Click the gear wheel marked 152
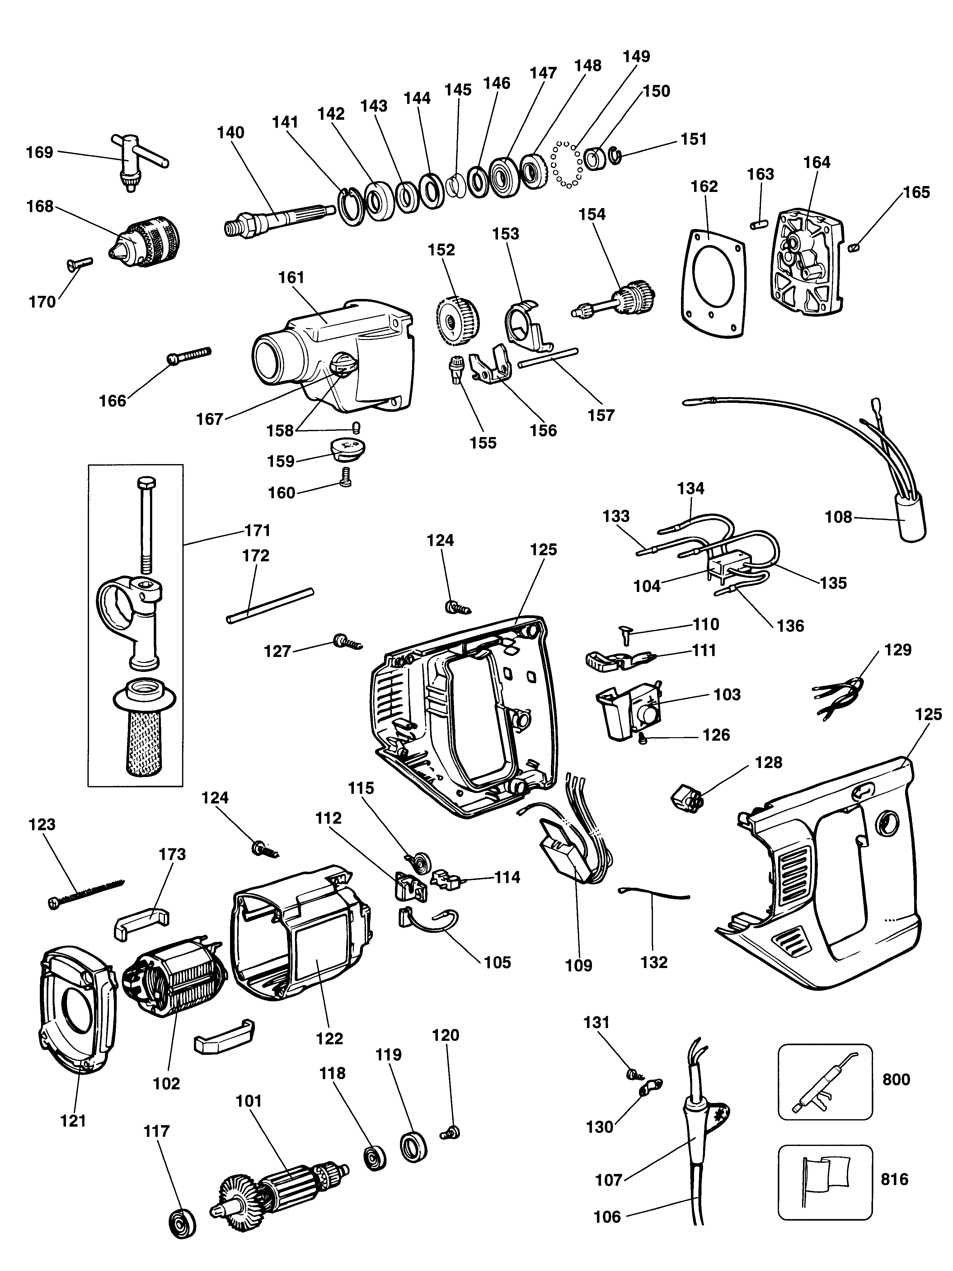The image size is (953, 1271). pyautogui.click(x=458, y=319)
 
